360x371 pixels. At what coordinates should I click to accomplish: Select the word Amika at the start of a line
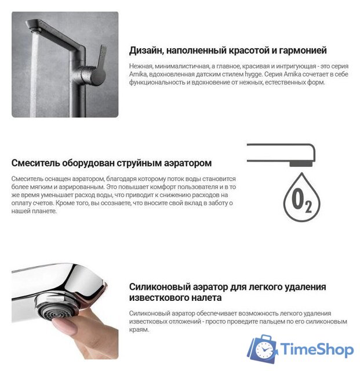tap(137, 74)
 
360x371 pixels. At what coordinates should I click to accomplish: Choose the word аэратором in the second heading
tap(189, 163)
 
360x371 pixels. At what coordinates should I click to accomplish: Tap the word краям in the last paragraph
tap(139, 329)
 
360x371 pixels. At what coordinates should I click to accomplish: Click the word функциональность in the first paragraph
tap(157, 82)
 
